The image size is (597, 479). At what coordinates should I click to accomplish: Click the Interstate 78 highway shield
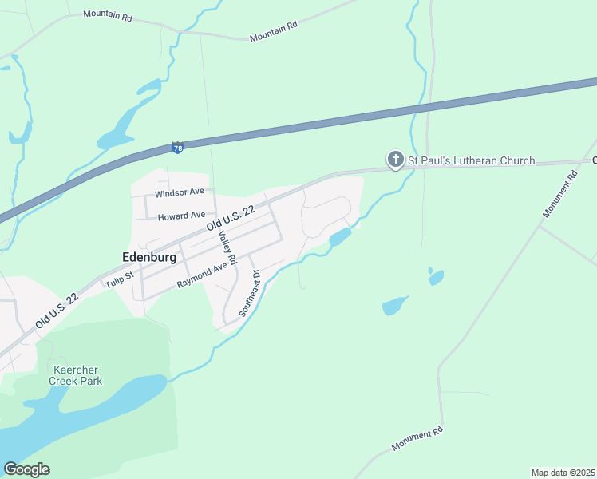tap(178, 148)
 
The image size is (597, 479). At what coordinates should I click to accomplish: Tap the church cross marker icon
tap(395, 160)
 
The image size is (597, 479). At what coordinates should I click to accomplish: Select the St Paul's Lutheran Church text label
tap(471, 161)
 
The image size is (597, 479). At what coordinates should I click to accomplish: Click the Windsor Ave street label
tap(180, 193)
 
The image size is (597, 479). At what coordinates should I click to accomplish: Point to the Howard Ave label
tap(181, 216)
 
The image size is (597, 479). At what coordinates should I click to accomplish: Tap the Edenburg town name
tap(149, 257)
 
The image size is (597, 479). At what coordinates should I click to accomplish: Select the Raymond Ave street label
tap(203, 276)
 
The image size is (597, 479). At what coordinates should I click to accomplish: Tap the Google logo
tap(26, 469)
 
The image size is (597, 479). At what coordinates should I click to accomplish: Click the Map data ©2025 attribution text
tap(563, 473)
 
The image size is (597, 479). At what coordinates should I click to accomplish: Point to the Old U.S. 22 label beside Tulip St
tap(57, 311)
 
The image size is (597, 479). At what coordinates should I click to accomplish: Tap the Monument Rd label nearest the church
tap(559, 196)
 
